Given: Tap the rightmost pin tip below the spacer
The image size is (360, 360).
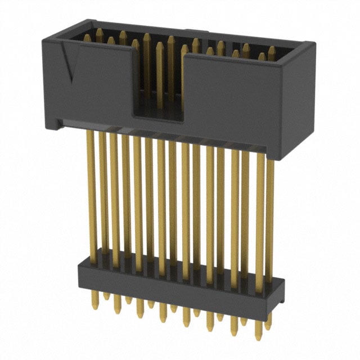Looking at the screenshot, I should [269, 332].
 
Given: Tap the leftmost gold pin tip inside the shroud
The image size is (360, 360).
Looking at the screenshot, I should [87, 37].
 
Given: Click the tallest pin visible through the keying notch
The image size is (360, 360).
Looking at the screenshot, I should [160, 73].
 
